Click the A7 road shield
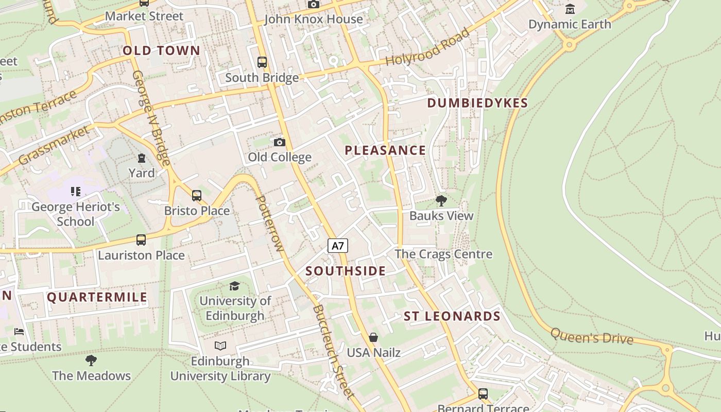(338, 246)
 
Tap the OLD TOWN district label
(161, 50)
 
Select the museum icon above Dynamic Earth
(570, 9)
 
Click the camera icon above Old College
(280, 142)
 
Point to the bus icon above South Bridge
(262, 62)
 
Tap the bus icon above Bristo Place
(197, 196)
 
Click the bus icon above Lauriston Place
(141, 240)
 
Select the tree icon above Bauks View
(441, 201)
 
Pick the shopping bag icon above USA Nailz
(373, 337)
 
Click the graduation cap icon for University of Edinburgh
(235, 286)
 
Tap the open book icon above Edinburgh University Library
(220, 346)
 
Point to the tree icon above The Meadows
(91, 360)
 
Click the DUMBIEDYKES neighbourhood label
(477, 103)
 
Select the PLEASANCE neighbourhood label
(385, 150)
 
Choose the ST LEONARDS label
(452, 316)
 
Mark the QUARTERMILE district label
(97, 297)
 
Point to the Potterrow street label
(270, 224)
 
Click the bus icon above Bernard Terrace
(483, 394)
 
